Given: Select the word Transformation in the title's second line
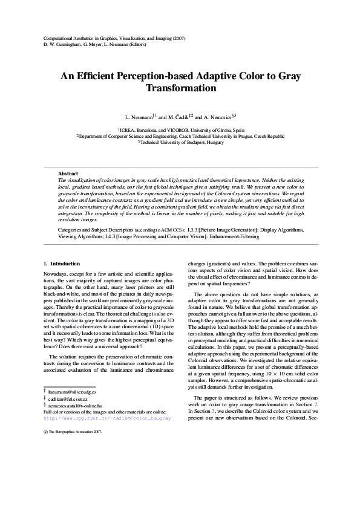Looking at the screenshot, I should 181,88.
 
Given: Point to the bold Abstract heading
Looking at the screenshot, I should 68,173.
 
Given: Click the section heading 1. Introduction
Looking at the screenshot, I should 62,264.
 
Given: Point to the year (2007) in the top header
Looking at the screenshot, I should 177,39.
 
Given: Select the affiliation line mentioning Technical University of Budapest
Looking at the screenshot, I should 182,142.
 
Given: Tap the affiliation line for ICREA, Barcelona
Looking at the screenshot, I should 182,130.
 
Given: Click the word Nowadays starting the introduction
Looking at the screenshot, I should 57,275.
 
